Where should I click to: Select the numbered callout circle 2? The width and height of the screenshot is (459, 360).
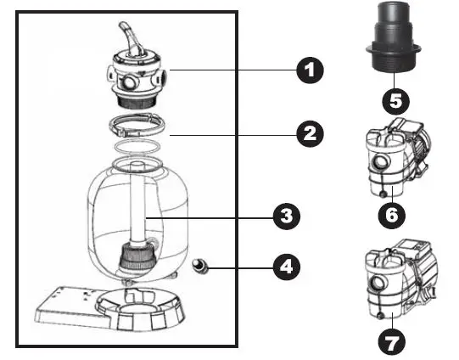[311, 133]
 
